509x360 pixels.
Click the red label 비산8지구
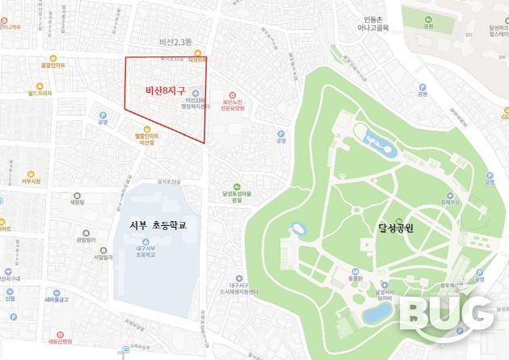pyautogui.click(x=165, y=90)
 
